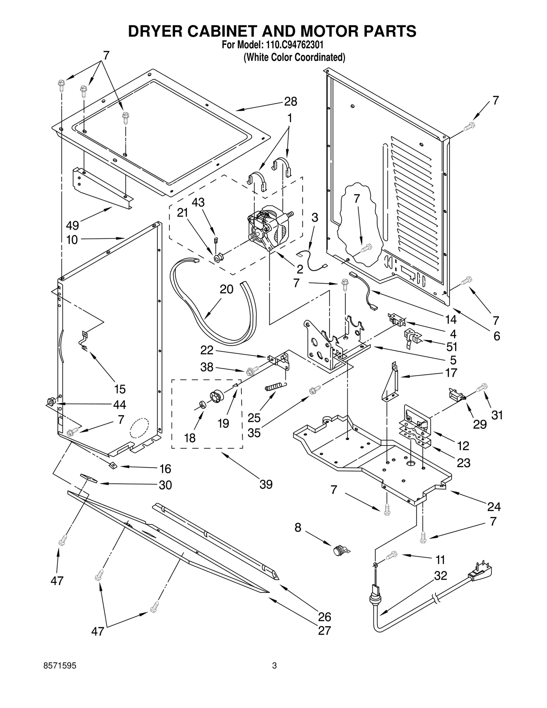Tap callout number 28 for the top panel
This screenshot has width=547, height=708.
(291, 102)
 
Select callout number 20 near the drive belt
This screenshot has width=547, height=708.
(226, 289)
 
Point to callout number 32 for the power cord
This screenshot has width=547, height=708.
(440, 576)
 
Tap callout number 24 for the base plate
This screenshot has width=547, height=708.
(494, 507)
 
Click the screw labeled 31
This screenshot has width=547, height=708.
(483, 387)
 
